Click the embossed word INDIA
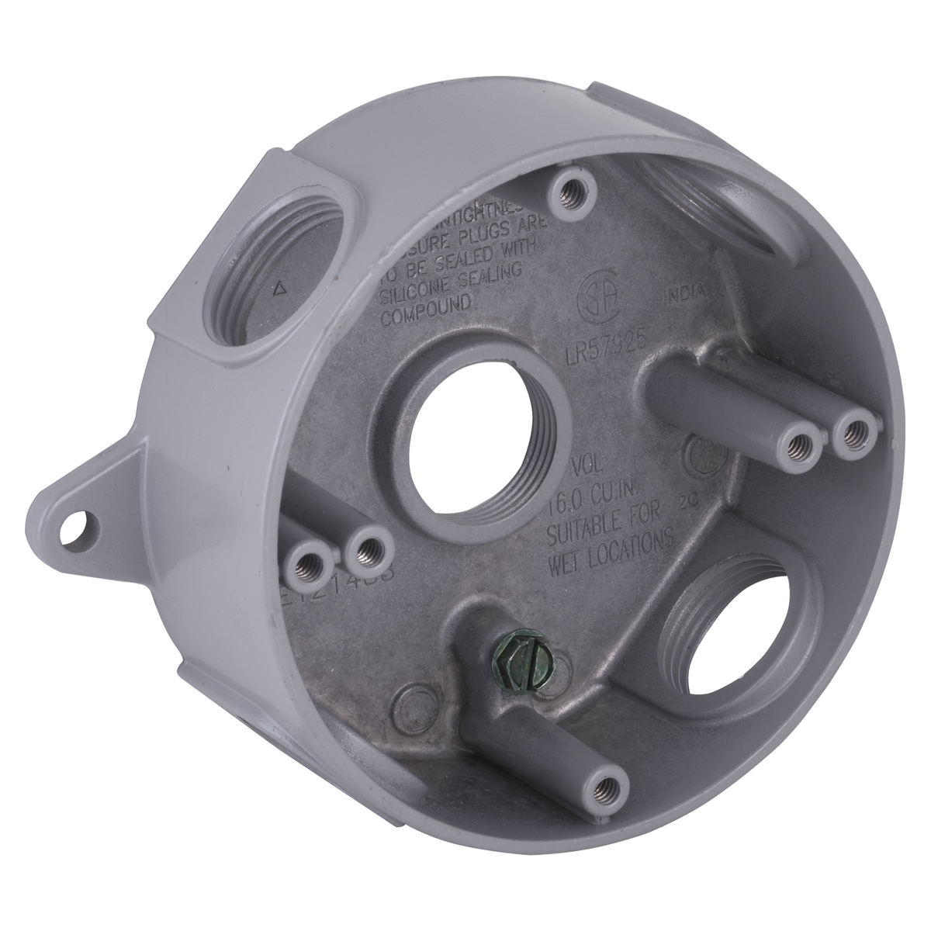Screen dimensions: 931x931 click(685, 292)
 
